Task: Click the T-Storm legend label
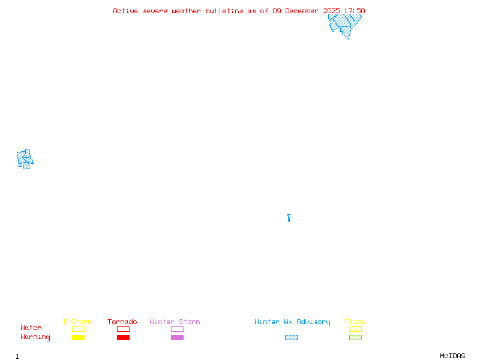tap(77, 322)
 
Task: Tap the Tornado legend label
tap(122, 322)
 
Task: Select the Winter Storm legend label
tap(175, 322)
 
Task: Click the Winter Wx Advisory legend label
tap(292, 322)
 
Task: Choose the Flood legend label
tap(355, 322)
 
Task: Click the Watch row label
tap(31, 328)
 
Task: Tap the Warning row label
tap(35, 337)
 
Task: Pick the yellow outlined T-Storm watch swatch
tap(78, 329)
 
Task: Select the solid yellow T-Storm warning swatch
tap(78, 338)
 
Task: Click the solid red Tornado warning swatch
tap(123, 338)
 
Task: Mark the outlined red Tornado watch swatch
tap(123, 329)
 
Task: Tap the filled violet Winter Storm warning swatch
tap(177, 338)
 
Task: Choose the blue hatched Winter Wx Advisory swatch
tap(291, 338)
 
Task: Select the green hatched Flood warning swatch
tap(355, 338)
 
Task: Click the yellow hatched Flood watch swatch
tap(355, 329)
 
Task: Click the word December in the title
tap(306, 11)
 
